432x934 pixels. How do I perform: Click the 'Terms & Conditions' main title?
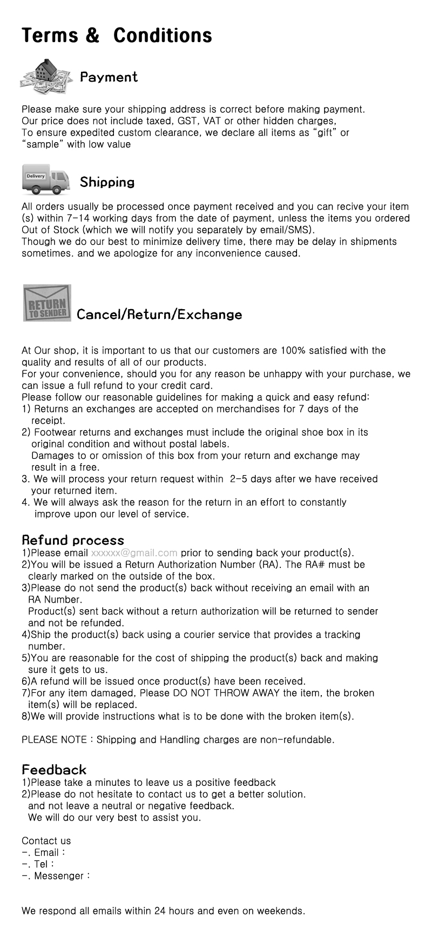(x=117, y=36)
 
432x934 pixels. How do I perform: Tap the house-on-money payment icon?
(x=46, y=76)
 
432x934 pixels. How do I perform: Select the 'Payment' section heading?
(x=109, y=77)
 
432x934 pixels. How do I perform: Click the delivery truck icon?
(x=46, y=180)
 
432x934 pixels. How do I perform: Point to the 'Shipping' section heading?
(x=107, y=182)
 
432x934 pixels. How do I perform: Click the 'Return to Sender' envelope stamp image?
(x=47, y=303)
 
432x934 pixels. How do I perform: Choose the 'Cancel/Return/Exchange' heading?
(x=159, y=315)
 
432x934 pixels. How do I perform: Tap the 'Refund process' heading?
(x=73, y=540)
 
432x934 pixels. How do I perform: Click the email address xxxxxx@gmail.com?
(x=134, y=552)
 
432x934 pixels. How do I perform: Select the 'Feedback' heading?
(x=54, y=770)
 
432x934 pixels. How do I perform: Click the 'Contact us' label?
(x=46, y=840)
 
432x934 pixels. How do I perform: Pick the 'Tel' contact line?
(x=41, y=864)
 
